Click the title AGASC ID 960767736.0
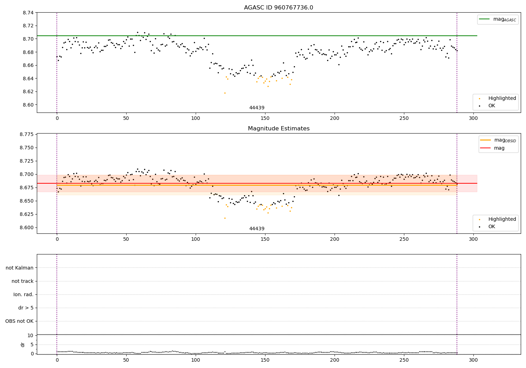click(278, 8)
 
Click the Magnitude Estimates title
click(278, 129)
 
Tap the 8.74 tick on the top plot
click(28, 13)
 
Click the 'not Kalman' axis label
click(20, 268)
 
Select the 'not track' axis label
click(22, 281)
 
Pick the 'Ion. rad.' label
click(23, 295)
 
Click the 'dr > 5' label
click(26, 308)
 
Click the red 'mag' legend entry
click(499, 148)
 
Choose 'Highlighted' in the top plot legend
click(502, 98)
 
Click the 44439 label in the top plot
click(257, 108)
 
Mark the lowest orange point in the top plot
click(225, 93)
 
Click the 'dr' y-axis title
click(23, 345)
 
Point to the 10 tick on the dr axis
click(30, 335)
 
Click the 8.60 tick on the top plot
click(28, 105)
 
